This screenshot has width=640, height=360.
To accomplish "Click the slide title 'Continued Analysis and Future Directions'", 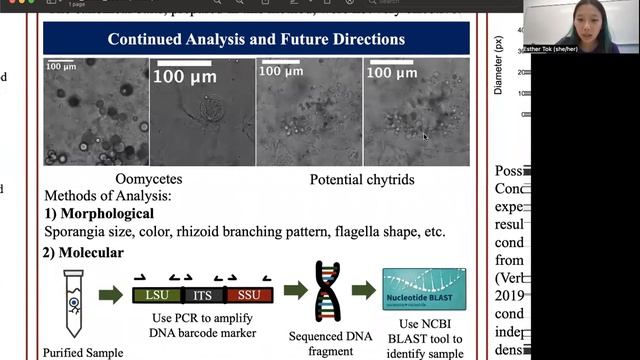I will pyautogui.click(x=256, y=40).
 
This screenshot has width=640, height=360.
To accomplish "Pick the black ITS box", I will pyautogui.click(x=204, y=294).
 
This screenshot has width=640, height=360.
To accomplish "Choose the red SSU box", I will pyautogui.click(x=249, y=294).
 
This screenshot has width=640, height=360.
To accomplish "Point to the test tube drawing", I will pyautogui.click(x=75, y=300).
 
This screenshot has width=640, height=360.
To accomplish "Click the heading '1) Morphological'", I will pyautogui.click(x=98, y=213).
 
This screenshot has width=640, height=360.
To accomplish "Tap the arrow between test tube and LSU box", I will pyautogui.click(x=112, y=294).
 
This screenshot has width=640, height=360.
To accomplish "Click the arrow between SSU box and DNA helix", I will pyautogui.click(x=293, y=293).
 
